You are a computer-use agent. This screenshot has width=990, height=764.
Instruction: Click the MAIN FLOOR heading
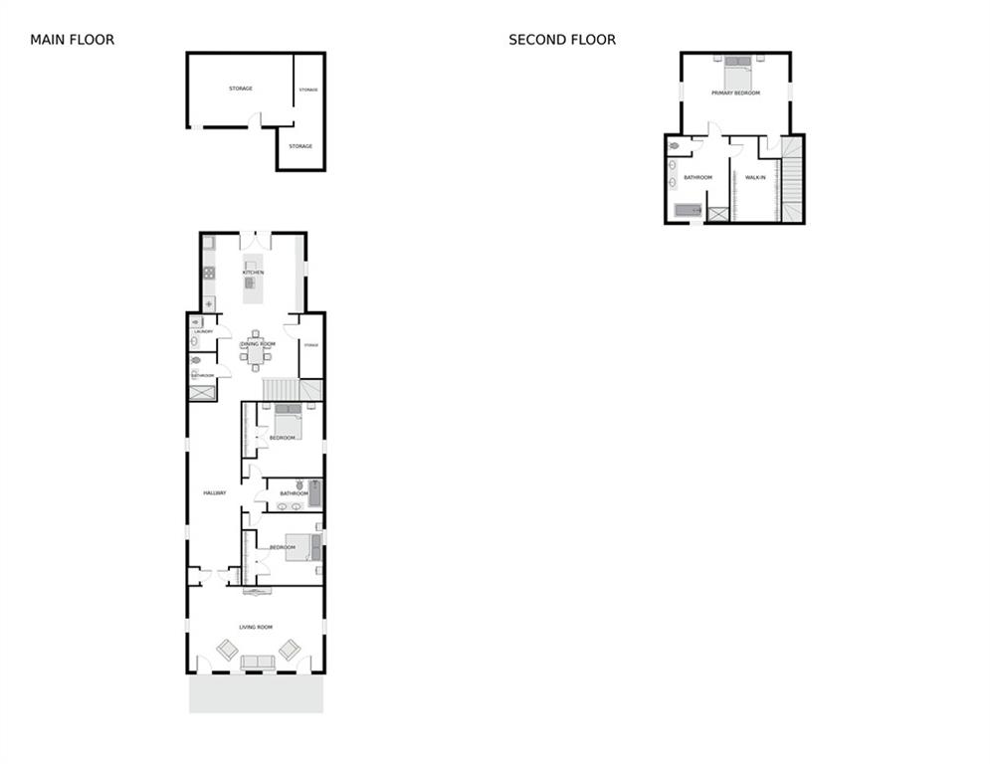[72, 40]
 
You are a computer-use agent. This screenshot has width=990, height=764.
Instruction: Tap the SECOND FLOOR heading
[561, 40]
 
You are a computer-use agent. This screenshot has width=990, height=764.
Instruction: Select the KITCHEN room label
[253, 272]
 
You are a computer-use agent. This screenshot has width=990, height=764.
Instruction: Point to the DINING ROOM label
[257, 343]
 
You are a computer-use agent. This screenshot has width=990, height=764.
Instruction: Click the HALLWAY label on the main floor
[215, 493]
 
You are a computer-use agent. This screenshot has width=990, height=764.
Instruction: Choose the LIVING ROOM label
[256, 627]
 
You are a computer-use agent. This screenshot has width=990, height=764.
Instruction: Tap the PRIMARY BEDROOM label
[735, 93]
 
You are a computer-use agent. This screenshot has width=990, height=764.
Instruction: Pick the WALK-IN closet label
[755, 177]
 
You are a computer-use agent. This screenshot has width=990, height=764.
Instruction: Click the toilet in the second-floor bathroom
[674, 146]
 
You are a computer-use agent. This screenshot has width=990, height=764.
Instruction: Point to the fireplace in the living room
[258, 591]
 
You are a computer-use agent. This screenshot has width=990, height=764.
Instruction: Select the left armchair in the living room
[227, 650]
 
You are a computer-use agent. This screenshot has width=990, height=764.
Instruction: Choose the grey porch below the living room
[256, 693]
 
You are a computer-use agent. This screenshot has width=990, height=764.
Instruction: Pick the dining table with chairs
[256, 353]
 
